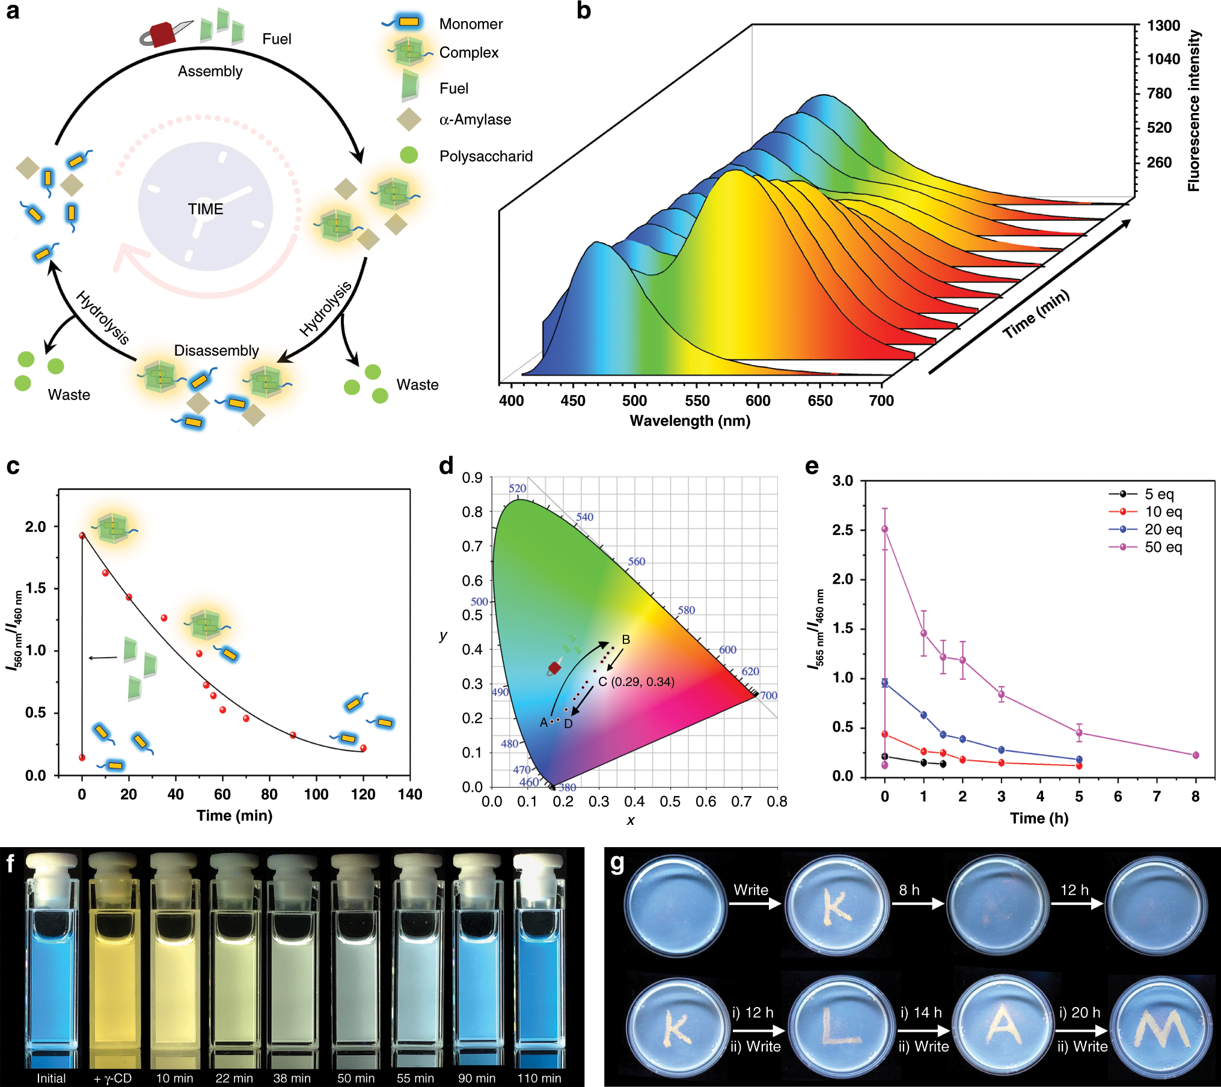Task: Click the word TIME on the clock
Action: coord(205,209)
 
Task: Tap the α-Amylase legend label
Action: coord(475,120)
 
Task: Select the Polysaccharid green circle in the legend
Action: coord(409,155)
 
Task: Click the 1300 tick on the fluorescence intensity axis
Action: coord(1163,26)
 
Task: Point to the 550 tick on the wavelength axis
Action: coord(697,401)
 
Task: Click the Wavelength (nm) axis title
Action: coord(690,421)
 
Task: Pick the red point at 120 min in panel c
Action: coord(363,748)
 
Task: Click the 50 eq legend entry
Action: coord(1163,547)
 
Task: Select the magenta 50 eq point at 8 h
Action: coord(1195,755)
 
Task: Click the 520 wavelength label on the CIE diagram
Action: coord(517,488)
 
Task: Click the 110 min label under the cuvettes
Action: coord(539,1078)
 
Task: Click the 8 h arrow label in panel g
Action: coord(909,890)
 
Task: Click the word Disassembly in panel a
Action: coord(216,351)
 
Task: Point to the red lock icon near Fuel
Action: coord(161,35)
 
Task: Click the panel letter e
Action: coord(812,466)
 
